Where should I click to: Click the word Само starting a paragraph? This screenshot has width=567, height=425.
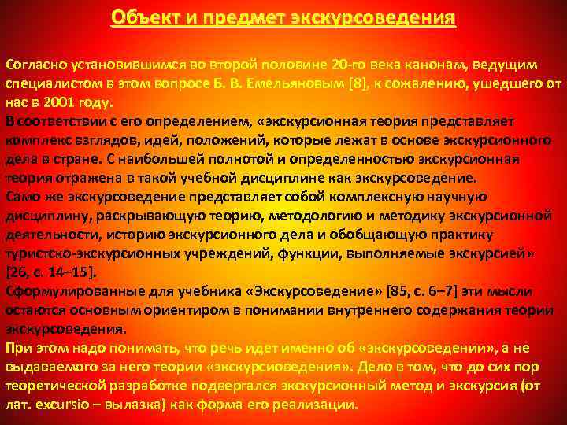[24, 197]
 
